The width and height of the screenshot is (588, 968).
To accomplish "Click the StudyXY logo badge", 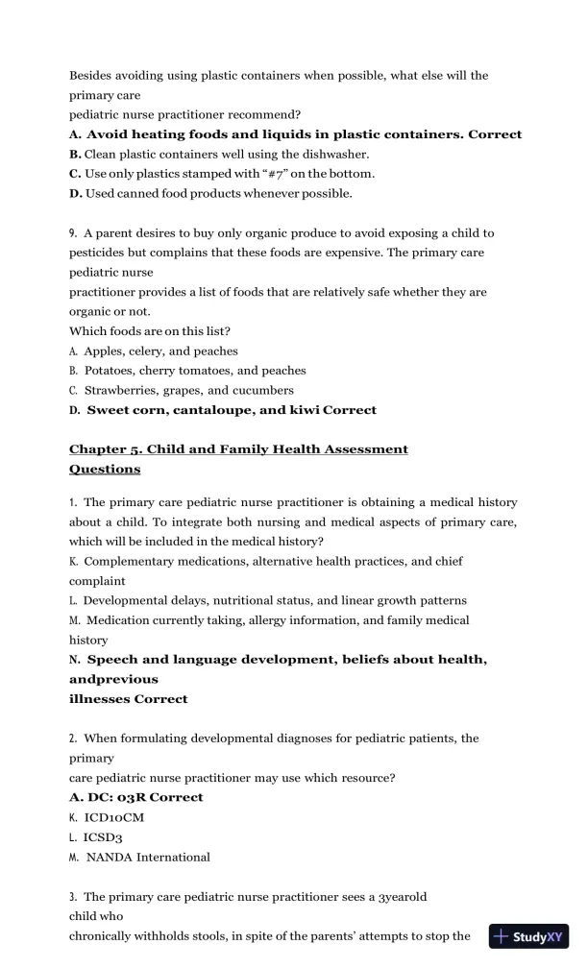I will point(527,936).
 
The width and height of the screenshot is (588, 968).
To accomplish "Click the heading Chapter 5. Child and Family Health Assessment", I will point(238,449).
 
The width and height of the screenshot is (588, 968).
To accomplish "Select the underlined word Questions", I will point(105,470).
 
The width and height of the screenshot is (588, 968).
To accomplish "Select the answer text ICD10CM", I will point(115,816).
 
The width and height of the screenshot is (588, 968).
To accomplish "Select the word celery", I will point(150,351).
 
